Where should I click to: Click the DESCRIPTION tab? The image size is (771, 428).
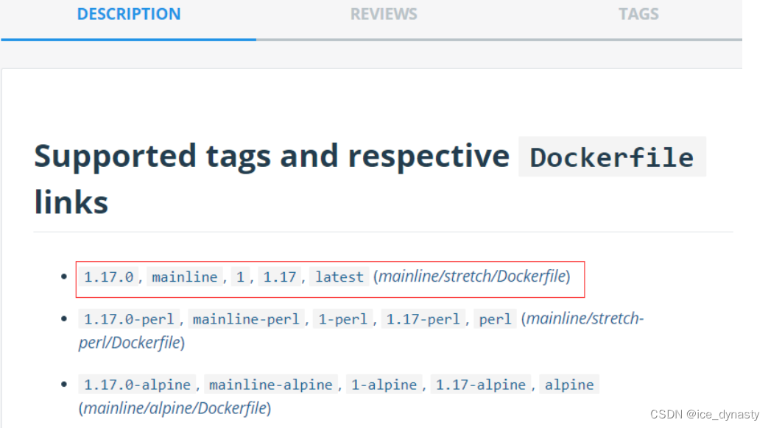coord(129,14)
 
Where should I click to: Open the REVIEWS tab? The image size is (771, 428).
coord(384,14)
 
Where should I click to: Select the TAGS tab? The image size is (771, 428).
coord(638,14)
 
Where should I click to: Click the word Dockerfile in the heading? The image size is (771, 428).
coord(612,157)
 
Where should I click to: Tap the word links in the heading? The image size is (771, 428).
coord(71,201)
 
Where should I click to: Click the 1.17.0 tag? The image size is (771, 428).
coord(109,277)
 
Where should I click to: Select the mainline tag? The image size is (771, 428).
coord(185,277)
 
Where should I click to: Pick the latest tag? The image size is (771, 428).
coord(339,277)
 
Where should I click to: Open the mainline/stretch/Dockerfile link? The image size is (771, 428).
coord(472,277)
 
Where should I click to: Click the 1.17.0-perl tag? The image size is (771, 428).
coord(130,319)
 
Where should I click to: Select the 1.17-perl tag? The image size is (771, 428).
coord(423,319)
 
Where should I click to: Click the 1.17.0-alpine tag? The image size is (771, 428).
coord(138,385)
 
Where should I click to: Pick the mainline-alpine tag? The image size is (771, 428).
coord(270,385)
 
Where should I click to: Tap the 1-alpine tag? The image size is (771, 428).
coord(385,385)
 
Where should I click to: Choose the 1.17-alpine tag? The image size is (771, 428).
coord(481,385)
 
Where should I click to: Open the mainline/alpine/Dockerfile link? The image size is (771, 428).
coord(175,407)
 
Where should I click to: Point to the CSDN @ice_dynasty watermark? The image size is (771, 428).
coord(705,415)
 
